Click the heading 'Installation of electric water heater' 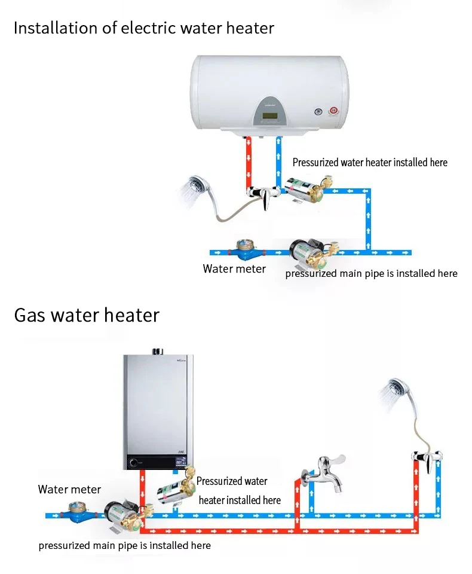pos(143,28)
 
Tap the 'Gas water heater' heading pos(87,315)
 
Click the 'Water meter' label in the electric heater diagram pos(234,269)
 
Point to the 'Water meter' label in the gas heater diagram pos(69,490)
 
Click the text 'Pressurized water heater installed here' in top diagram pos(370,163)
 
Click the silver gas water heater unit pos(158,410)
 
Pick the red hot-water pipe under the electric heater pos(249,164)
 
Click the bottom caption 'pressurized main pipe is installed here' pos(124,545)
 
